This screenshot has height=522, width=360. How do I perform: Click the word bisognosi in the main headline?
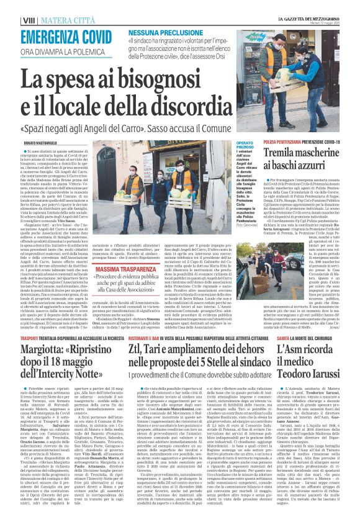[161, 79]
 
